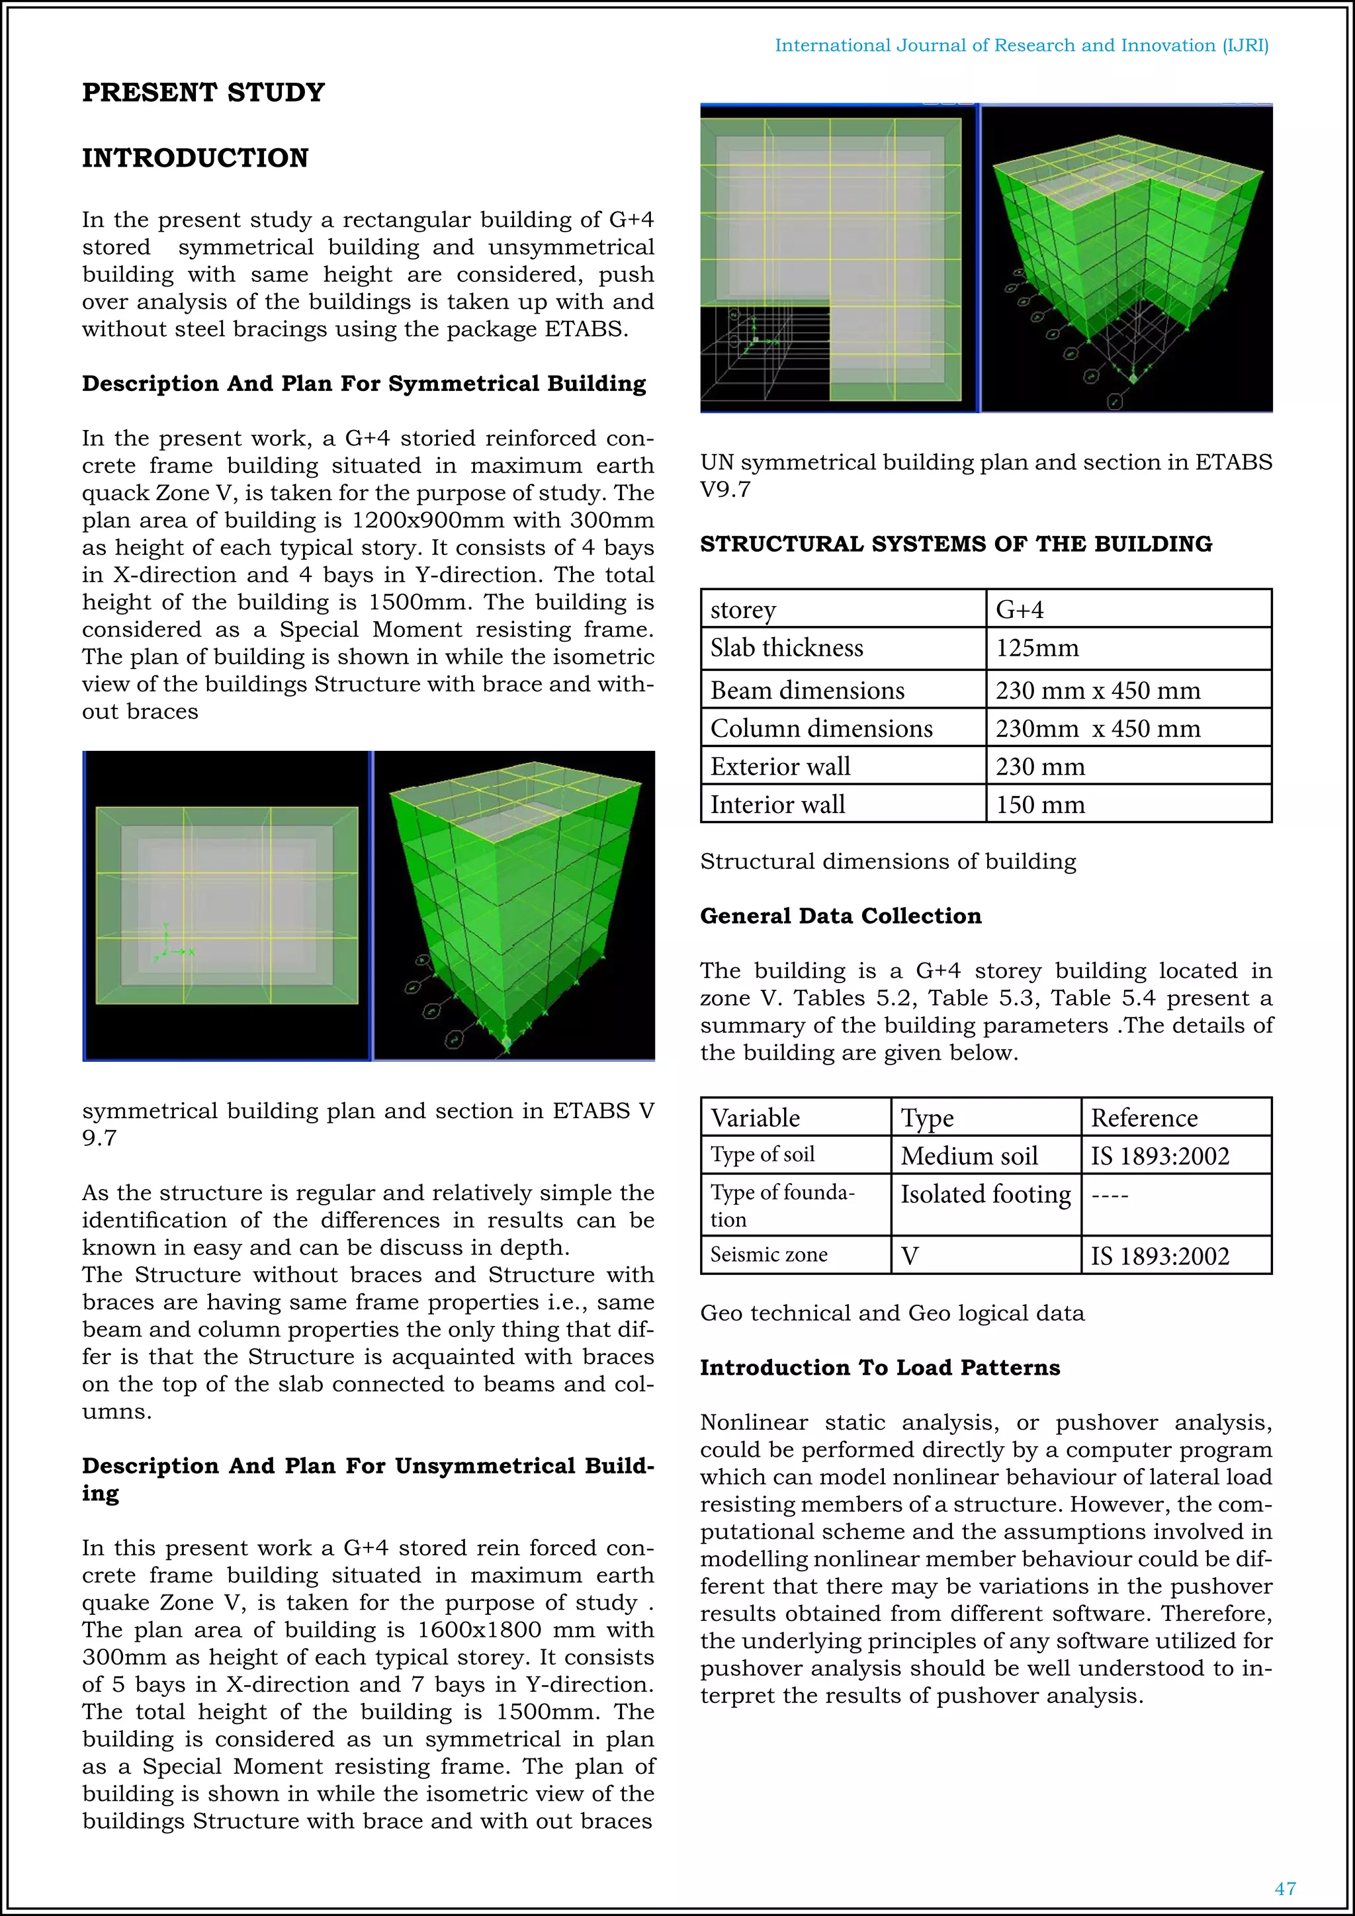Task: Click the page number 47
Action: pos(1285,1888)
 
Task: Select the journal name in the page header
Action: pos(1022,45)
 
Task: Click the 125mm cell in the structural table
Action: pos(1037,648)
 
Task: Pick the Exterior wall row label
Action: pos(780,766)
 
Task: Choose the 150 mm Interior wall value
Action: pos(1041,805)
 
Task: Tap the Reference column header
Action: pos(1144,1117)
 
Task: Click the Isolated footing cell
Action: pos(985,1194)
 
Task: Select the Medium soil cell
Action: pos(969,1156)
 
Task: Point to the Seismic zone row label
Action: pos(768,1254)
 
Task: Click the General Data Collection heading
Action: pos(840,916)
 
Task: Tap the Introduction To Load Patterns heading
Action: pos(879,1367)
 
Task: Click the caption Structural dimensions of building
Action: pos(888,861)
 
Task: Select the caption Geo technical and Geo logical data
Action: pos(892,1313)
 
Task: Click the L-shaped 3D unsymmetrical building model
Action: pos(1126,250)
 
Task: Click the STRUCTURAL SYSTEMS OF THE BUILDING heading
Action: pos(956,544)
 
